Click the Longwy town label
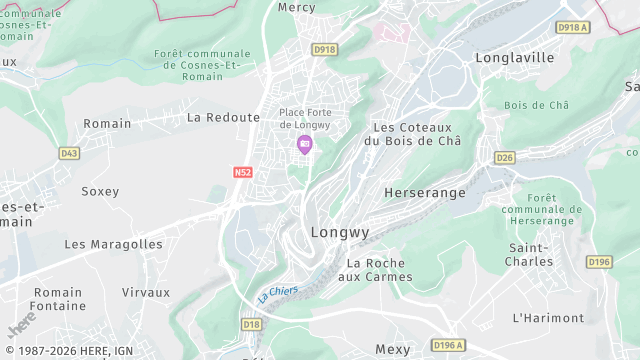tap(340, 232)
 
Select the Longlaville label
tap(514, 57)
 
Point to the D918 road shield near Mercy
tap(323, 49)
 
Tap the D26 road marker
tap(504, 157)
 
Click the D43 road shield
tap(69, 153)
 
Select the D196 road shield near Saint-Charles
tap(599, 262)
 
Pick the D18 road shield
tap(251, 324)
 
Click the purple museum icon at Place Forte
tap(304, 146)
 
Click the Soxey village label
tap(100, 191)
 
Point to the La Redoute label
tap(223, 117)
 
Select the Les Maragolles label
tap(113, 244)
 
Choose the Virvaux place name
tap(145, 292)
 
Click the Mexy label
tap(392, 349)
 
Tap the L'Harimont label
tap(547, 318)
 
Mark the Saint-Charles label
tap(530, 254)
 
